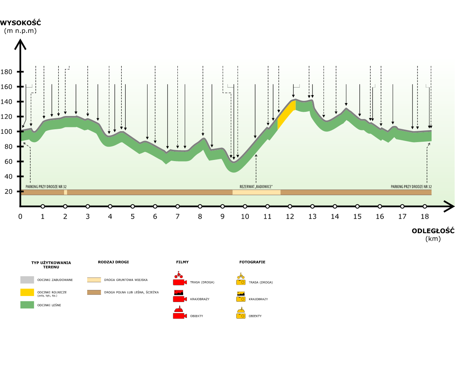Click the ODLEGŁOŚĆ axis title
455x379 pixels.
433,231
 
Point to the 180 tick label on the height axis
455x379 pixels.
7,72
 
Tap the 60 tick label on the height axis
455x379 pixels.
8,162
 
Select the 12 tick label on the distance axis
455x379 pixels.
290,217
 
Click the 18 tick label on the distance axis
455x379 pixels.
425,217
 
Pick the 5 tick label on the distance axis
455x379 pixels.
133,217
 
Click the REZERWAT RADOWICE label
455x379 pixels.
256,187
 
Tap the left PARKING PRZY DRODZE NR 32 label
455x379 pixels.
46,187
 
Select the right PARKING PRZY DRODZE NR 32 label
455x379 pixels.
411,187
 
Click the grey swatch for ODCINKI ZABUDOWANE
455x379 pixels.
27,280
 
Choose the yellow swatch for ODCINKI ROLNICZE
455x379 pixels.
27,292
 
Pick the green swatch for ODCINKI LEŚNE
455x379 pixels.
27,305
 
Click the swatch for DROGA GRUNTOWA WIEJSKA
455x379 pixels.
94,280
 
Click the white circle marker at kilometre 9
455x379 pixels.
223,207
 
